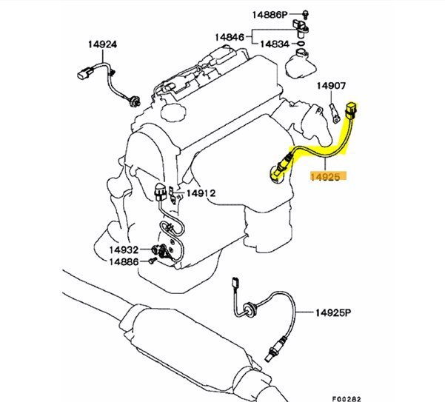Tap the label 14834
(274, 44)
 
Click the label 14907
(332, 86)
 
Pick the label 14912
(200, 194)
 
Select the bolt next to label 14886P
(304, 14)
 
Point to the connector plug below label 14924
(84, 73)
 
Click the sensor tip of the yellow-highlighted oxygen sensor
(277, 174)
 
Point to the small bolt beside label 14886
(150, 261)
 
